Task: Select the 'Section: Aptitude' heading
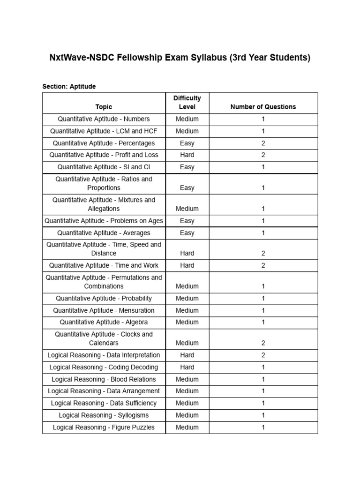(69, 86)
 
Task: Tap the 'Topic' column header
(104, 107)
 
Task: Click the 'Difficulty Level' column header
(187, 102)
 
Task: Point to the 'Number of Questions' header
(263, 107)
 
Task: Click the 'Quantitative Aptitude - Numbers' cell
(104, 119)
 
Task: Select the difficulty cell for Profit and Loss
(187, 155)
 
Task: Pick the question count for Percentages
(263, 143)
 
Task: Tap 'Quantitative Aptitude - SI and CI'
(104, 167)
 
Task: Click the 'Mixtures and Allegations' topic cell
(104, 204)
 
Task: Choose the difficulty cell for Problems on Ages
(187, 221)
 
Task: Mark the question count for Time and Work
(263, 265)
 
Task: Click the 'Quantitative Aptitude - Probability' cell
(104, 299)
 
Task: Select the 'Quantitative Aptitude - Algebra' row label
(104, 322)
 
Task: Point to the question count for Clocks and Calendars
(263, 343)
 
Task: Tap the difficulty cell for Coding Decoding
(187, 367)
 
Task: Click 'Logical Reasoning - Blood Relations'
(104, 379)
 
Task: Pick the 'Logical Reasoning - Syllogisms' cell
(104, 415)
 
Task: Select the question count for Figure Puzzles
(263, 427)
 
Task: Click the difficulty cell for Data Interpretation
(187, 355)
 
